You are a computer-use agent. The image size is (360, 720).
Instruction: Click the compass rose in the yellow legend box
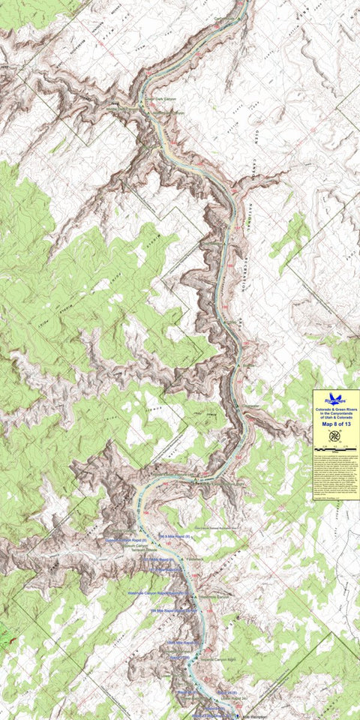[336, 436]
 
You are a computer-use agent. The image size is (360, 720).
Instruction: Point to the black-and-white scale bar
[336, 448]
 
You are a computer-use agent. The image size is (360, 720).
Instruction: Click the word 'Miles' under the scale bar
[336, 451]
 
